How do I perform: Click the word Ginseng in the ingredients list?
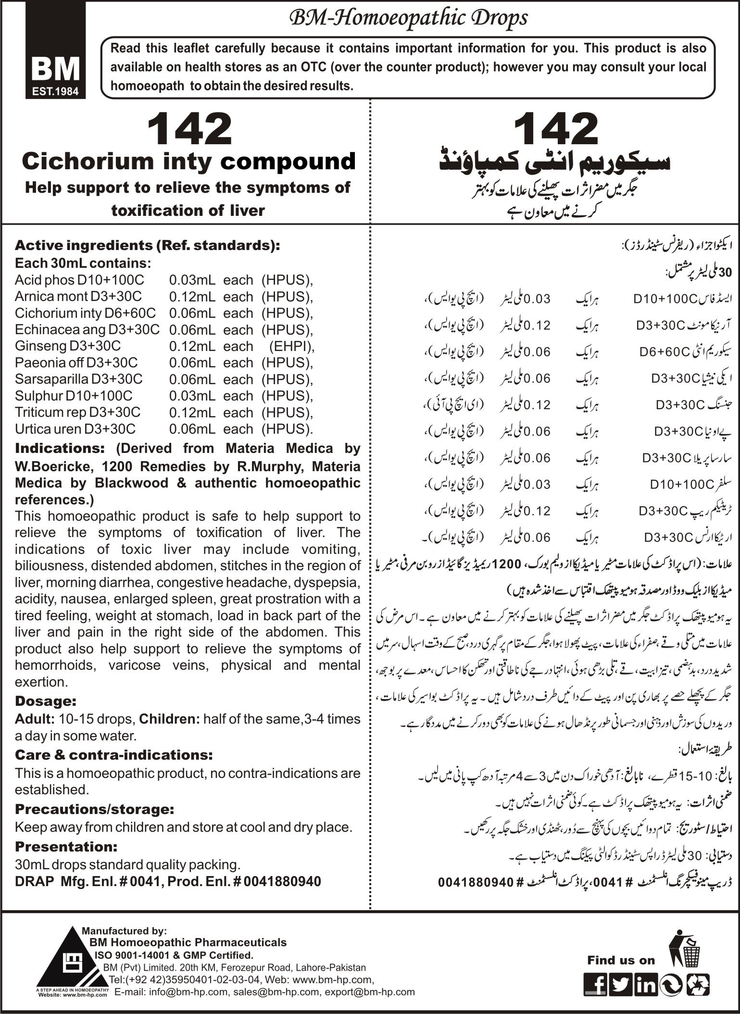tap(37, 346)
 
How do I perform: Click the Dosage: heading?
tap(46, 701)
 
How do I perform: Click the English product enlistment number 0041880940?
tap(282, 881)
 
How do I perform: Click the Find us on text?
tap(621, 960)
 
